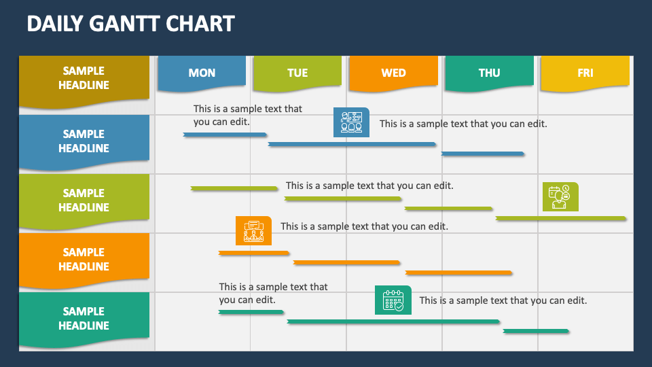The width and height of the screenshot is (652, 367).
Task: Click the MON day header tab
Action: [202, 73]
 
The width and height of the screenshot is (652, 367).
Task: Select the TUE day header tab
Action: [297, 73]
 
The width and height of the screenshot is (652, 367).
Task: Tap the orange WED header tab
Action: [393, 73]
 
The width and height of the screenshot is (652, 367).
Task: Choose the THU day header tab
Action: [489, 73]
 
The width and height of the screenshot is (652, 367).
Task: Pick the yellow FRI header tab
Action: [585, 73]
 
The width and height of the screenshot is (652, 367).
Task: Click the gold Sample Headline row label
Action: [84, 78]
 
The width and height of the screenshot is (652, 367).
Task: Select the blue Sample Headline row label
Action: [84, 141]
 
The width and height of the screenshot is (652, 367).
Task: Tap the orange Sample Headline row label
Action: [84, 259]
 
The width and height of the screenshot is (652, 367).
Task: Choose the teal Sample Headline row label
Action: [84, 318]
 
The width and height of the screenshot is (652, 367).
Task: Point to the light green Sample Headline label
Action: [84, 200]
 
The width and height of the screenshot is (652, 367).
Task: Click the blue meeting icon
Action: [351, 122]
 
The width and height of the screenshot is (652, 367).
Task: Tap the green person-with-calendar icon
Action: [560, 196]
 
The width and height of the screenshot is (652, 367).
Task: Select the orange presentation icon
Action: [253, 230]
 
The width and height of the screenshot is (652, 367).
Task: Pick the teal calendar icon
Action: [393, 300]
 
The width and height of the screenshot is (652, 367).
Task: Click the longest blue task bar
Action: [352, 144]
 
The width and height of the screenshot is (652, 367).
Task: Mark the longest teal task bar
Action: [393, 321]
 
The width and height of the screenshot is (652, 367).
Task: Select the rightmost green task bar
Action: [561, 218]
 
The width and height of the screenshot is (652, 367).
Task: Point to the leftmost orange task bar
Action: [253, 253]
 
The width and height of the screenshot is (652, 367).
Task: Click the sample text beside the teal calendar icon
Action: [503, 300]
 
